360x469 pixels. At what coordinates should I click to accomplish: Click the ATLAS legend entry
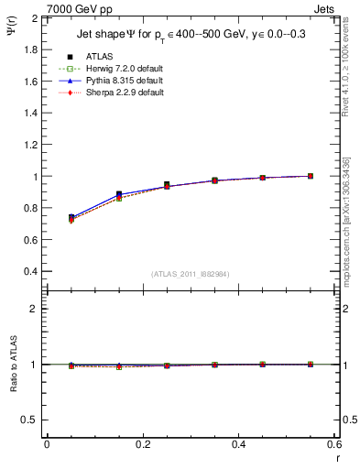[x=98, y=57]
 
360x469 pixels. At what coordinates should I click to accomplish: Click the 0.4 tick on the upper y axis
[x=29, y=272]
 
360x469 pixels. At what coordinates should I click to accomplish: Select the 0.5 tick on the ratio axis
[x=29, y=420]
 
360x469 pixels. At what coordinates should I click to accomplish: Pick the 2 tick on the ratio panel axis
[x=34, y=310]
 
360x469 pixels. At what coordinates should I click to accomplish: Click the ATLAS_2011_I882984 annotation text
[x=191, y=274]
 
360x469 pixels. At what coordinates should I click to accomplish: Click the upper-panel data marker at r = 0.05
[x=71, y=218]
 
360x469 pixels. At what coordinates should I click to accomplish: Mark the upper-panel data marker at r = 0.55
[x=311, y=176]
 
